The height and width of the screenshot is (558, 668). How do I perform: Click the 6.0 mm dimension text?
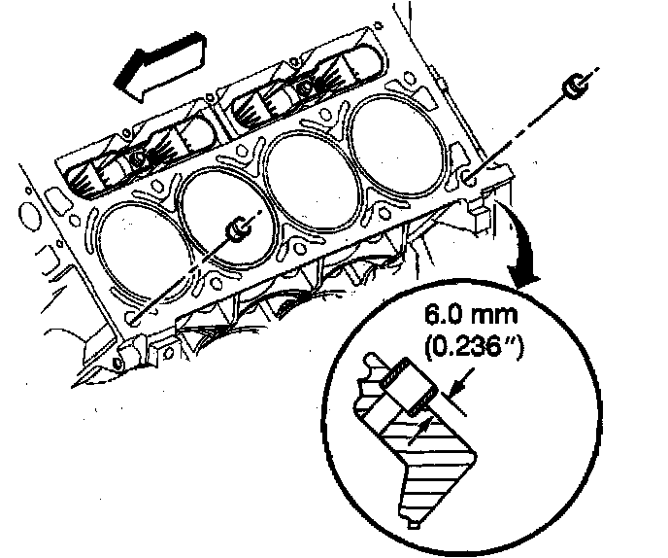pos(471,315)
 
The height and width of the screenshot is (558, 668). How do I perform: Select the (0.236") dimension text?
pos(473,348)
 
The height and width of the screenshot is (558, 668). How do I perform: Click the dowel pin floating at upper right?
pos(576,87)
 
